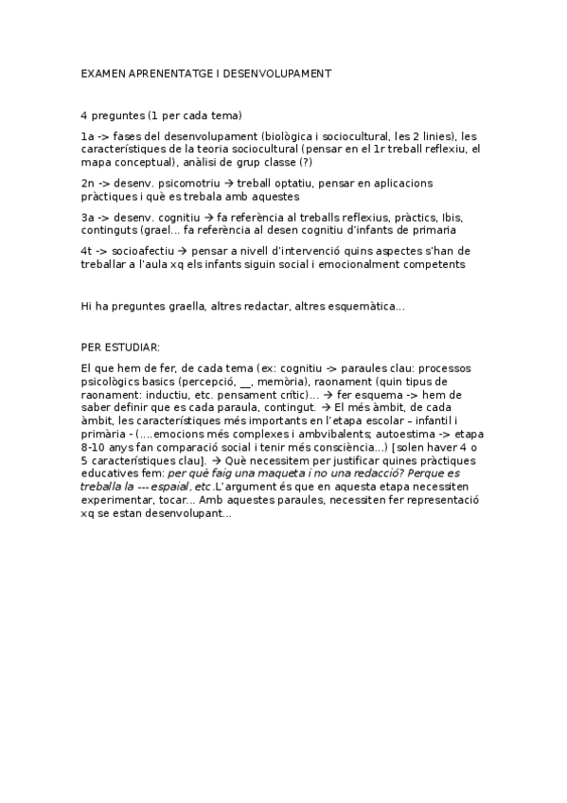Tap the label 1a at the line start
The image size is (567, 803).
(87, 136)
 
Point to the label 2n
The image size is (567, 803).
(87, 183)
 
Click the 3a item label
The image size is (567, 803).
(87, 217)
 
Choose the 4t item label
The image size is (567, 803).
(87, 251)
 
